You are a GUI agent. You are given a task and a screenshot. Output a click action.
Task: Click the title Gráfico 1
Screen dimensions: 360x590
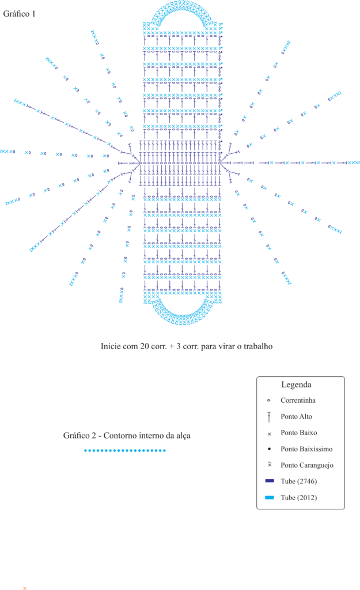pos(19,14)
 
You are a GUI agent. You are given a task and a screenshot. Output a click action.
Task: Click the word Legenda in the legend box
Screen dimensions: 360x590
pos(297,384)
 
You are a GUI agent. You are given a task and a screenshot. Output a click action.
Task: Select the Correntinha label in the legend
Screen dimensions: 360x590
pos(298,400)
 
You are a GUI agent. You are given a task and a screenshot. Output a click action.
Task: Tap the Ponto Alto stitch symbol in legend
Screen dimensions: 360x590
pos(269,417)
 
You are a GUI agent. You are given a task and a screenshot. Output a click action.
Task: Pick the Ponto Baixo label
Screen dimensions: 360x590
pos(299,433)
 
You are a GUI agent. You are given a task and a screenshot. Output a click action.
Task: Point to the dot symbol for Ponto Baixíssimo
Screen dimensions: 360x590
pos(269,449)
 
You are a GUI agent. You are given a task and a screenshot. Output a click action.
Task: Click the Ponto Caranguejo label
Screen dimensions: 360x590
pos(307,466)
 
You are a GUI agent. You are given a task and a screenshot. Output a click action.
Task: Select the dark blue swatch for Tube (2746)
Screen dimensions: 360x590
pos(270,481)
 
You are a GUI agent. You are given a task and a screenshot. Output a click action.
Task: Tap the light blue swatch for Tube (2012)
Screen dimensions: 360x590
pos(270,497)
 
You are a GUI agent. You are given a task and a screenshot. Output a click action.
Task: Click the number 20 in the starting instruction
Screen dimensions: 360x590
pos(145,346)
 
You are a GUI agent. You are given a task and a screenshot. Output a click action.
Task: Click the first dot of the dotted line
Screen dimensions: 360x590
pos(85,451)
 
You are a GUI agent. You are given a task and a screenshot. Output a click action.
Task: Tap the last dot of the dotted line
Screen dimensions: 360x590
pos(164,451)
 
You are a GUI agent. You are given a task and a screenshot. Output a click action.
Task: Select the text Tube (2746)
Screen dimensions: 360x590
pos(299,482)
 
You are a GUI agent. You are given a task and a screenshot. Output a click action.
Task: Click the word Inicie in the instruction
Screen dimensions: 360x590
pos(109,346)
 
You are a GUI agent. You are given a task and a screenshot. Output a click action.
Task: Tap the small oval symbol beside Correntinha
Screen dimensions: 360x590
pos(268,400)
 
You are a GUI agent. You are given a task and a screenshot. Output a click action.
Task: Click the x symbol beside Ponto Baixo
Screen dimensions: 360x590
pos(270,434)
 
